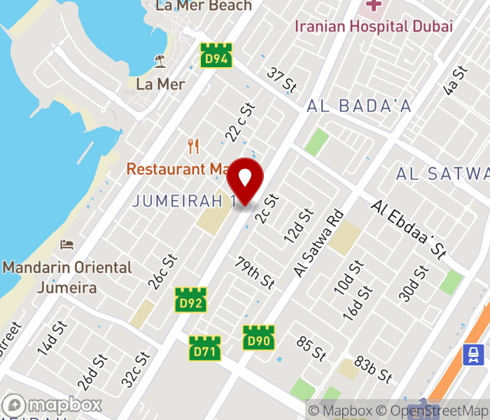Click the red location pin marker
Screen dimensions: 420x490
245,181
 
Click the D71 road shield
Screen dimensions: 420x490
205,349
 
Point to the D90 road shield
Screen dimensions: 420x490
258,337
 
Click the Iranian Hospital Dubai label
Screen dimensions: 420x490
373,27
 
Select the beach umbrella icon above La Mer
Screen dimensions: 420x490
160,62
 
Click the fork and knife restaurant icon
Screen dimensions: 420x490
194,146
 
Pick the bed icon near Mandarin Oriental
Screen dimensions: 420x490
67,244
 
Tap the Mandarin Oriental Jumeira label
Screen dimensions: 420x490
67,277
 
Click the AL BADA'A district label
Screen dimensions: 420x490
359,106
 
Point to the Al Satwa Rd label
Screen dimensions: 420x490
320,243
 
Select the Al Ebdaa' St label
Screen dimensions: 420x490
409,228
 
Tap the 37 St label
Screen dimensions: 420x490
282,79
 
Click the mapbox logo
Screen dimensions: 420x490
52,405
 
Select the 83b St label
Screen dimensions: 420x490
372,369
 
